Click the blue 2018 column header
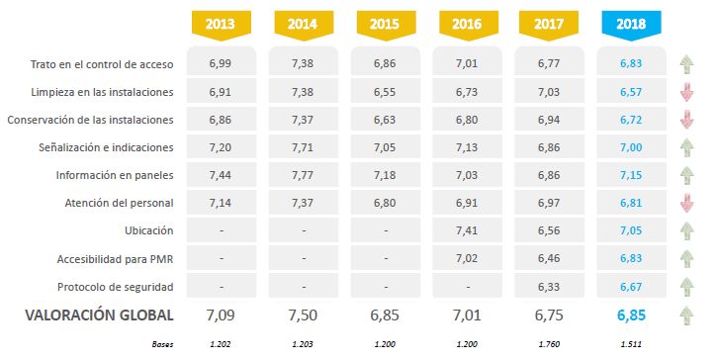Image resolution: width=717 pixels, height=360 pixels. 631,25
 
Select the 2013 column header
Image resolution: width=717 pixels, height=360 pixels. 221,25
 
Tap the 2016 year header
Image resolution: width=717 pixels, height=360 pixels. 467,25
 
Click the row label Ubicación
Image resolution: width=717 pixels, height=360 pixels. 149,230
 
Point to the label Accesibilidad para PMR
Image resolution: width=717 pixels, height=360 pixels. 116,259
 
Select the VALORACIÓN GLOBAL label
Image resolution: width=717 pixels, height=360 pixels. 99,315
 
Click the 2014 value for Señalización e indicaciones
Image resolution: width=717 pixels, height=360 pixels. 303,147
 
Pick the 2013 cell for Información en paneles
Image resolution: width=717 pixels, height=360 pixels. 221,175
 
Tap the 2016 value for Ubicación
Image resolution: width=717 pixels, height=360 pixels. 467,230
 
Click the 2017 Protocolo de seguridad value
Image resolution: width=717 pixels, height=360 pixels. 549,287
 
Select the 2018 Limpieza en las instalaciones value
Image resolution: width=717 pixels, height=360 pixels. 631,92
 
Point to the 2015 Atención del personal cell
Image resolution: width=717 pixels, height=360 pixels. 385,203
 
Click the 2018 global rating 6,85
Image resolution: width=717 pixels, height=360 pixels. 631,315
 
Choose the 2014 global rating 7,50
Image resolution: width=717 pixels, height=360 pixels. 303,315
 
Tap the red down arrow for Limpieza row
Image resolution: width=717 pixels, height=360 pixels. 686,92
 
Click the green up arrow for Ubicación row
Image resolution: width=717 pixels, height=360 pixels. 686,231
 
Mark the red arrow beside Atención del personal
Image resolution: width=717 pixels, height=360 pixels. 686,203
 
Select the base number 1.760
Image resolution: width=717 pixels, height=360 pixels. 549,344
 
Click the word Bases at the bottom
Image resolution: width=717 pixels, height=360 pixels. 163,344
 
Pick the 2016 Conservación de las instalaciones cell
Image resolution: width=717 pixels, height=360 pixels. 467,120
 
